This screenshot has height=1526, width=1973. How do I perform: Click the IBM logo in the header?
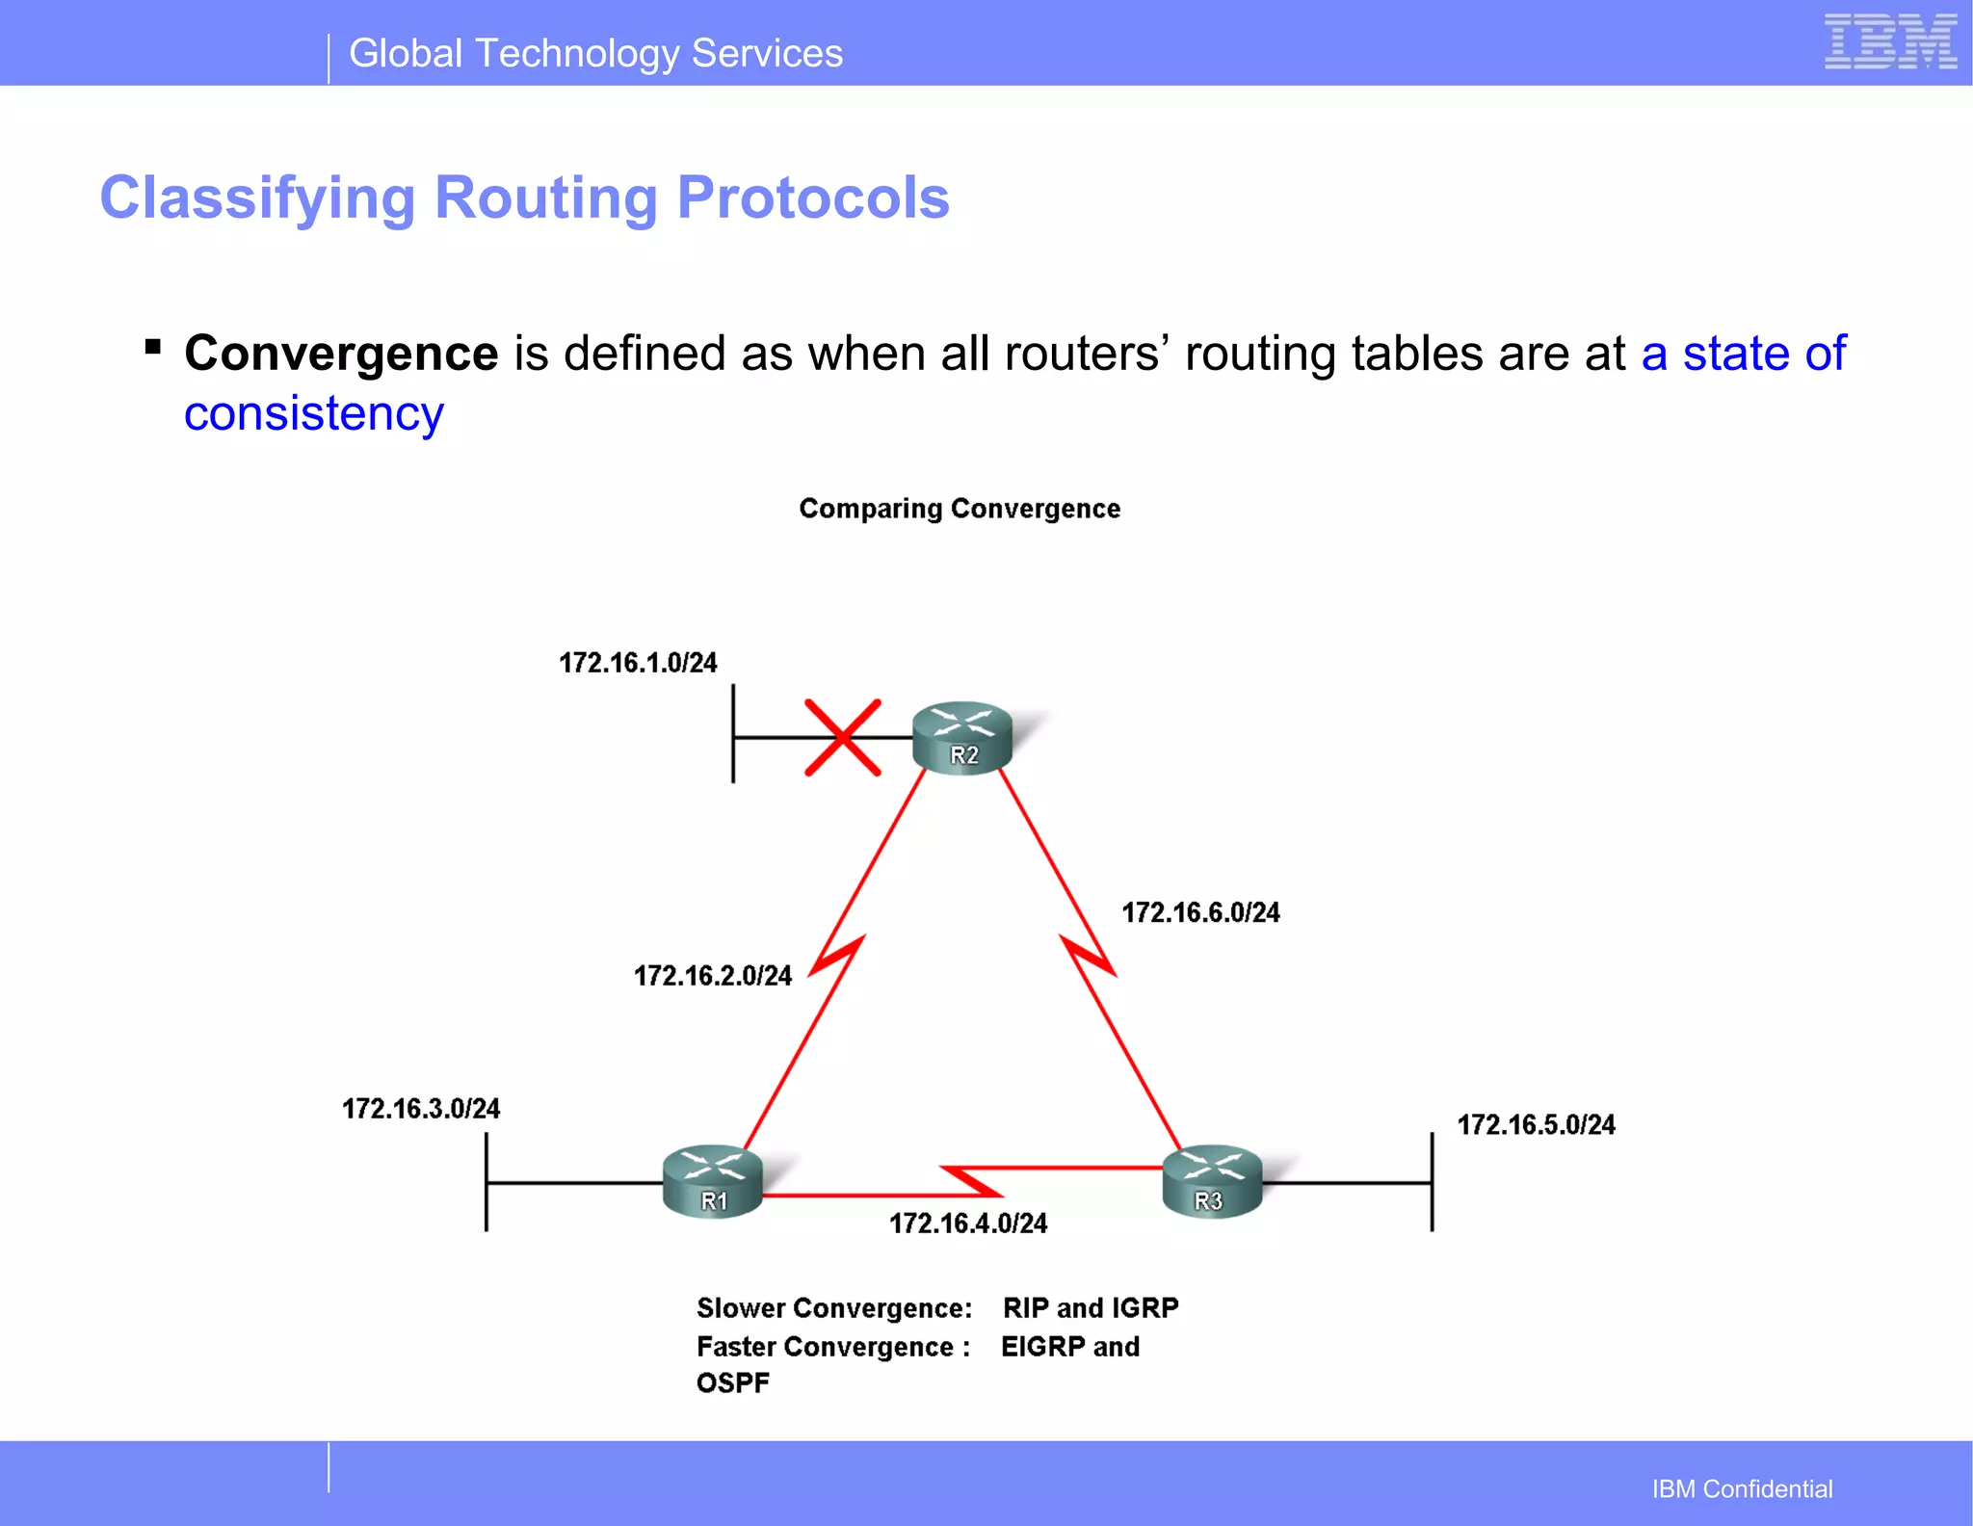point(1889,42)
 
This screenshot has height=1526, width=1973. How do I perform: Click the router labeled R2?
point(962,737)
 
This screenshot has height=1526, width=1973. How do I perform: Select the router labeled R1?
point(713,1182)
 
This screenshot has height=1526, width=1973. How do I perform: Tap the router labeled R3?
point(1212,1182)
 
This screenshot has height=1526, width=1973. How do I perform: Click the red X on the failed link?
point(843,738)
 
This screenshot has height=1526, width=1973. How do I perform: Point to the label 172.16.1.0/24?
point(638,663)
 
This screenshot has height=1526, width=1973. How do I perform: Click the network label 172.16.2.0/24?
point(712,976)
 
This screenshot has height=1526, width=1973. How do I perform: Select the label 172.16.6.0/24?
point(1200,912)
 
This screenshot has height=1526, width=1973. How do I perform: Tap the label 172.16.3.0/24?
point(421,1109)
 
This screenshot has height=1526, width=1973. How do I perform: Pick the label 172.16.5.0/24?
point(1536,1124)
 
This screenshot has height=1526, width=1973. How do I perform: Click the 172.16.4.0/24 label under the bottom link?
point(967,1223)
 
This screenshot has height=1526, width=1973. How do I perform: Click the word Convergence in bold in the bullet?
point(341,354)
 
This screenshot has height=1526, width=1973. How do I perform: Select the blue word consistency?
point(314,414)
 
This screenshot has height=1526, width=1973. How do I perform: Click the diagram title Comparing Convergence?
point(960,509)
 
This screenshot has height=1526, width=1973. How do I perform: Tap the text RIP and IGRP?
point(1091,1307)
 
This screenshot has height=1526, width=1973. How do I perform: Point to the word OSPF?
point(733,1383)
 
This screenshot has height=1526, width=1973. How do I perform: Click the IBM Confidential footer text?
point(1742,1488)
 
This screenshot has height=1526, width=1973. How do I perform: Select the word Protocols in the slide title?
point(813,198)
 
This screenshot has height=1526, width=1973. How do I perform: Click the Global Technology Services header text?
point(595,54)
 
